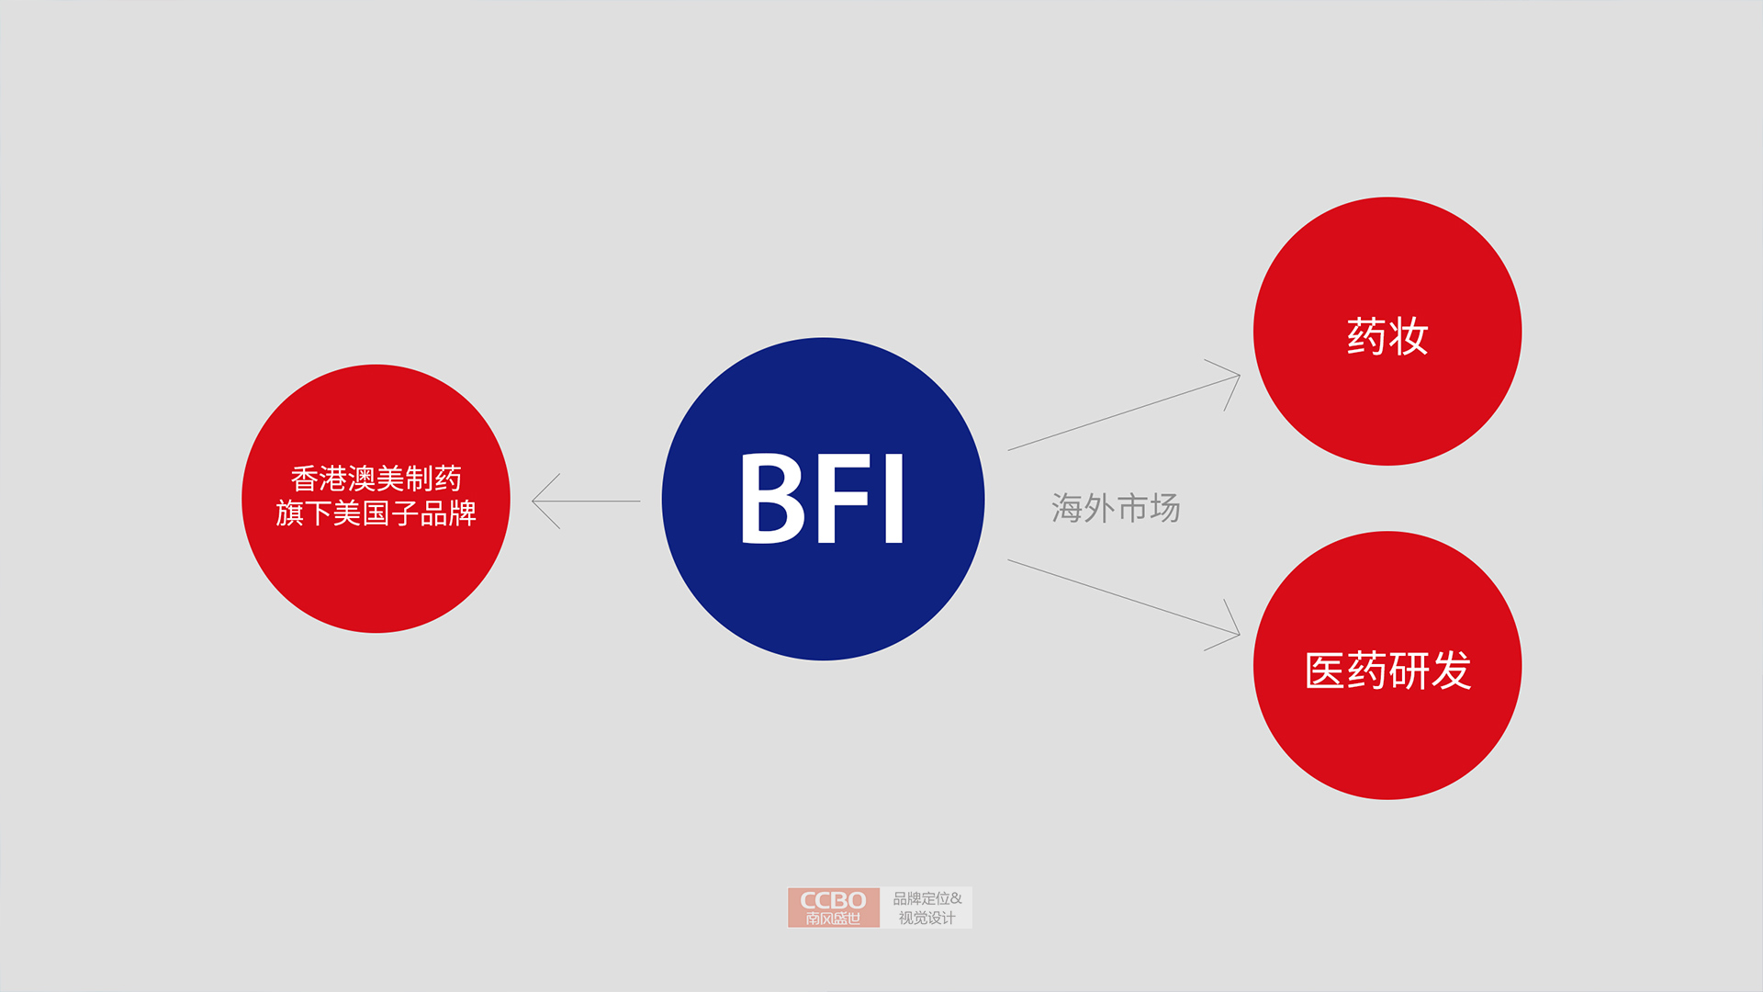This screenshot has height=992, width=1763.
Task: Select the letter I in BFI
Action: point(894,499)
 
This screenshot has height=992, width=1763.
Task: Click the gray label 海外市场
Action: point(1116,508)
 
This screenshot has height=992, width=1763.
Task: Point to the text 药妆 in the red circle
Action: point(1387,336)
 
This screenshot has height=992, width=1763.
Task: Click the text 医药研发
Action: point(1387,671)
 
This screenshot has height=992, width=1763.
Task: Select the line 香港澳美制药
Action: point(376,479)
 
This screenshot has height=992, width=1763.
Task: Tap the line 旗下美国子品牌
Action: point(376,513)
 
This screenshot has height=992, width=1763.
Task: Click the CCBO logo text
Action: point(833,900)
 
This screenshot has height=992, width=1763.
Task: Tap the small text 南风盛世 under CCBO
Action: point(833,919)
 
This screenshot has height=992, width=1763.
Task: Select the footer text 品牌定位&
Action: point(927,898)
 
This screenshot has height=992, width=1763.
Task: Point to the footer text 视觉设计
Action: point(926,918)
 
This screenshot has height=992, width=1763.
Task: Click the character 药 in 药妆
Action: point(1366,336)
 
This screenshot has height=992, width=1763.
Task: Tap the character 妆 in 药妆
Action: point(1409,336)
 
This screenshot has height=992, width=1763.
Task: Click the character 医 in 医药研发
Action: point(1325,671)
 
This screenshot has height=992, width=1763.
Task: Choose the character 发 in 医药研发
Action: point(1451,671)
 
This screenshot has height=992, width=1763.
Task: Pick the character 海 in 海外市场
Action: point(1067,508)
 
